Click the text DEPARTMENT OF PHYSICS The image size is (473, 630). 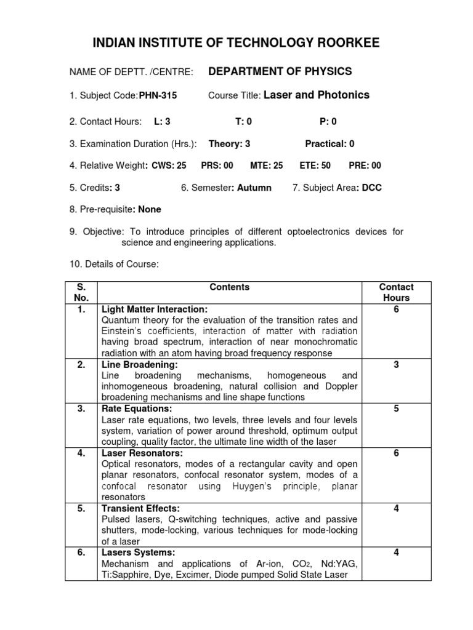[280, 71]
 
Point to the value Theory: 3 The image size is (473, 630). [229, 144]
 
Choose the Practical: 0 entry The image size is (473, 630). [329, 144]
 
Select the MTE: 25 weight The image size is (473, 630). [266, 165]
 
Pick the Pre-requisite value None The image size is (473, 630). [150, 209]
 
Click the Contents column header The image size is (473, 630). [230, 287]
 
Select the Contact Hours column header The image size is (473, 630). [396, 292]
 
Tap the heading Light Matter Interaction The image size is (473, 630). [155, 309]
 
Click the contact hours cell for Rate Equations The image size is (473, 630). [396, 409]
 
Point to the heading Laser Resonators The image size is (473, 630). [142, 453]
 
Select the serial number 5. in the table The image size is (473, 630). [81, 509]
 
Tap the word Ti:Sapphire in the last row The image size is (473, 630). [126, 575]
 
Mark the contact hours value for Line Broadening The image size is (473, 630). [396, 365]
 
